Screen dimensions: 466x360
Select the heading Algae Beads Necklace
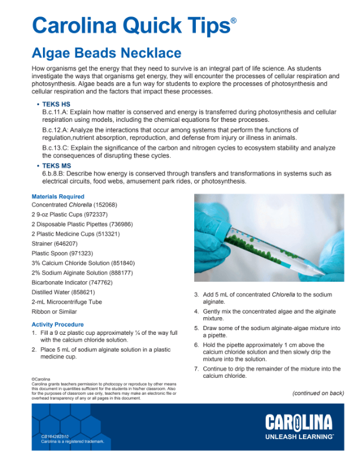(x=106, y=54)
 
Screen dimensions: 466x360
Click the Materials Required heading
(x=58, y=197)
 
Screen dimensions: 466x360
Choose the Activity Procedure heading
(x=58, y=324)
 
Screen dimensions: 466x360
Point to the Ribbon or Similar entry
(x=54, y=311)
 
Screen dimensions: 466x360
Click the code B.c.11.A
(x=55, y=112)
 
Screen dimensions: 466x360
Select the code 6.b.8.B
(x=54, y=174)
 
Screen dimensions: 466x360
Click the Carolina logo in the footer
(x=298, y=422)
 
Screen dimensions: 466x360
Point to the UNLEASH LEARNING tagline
(x=299, y=437)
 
